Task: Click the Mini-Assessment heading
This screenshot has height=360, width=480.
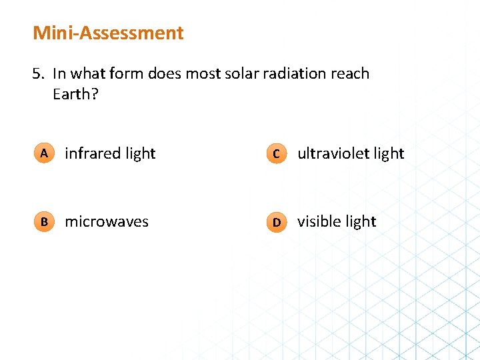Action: pos(108,33)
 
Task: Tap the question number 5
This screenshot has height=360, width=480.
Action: pos(37,73)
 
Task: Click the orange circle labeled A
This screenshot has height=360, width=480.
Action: pos(43,153)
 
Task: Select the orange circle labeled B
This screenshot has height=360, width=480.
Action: pos(43,222)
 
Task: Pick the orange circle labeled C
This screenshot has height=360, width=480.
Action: pos(276,154)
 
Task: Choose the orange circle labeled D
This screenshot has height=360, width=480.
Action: pos(276,222)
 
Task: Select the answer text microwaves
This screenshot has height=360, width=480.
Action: pos(107,222)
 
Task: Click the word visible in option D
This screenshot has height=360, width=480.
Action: pos(319,221)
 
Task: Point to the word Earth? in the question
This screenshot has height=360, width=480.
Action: pos(75,94)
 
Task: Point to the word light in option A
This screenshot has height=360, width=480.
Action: pos(140,153)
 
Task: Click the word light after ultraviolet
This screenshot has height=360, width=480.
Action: pos(389,153)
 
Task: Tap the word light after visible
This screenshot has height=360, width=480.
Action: pos(361,221)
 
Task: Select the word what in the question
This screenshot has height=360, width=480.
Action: pos(88,73)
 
